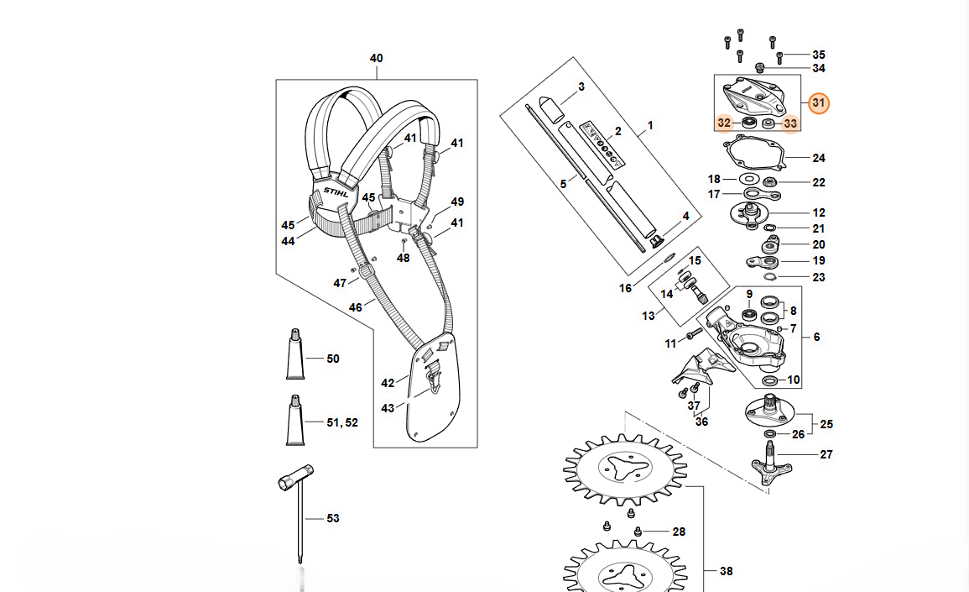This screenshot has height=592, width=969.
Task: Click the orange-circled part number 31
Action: click(x=818, y=102)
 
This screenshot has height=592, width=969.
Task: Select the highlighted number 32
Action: click(x=724, y=123)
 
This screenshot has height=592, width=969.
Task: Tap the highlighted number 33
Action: click(x=790, y=123)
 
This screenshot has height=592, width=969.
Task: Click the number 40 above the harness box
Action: click(x=377, y=58)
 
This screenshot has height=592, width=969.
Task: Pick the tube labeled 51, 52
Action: click(x=295, y=420)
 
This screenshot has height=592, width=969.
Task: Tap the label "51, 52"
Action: click(x=342, y=422)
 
